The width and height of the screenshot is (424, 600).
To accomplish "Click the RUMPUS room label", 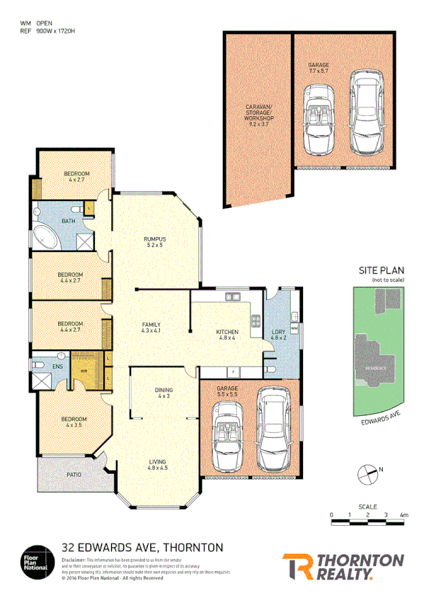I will (x=154, y=239).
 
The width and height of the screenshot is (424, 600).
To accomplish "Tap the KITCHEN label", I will (x=227, y=332).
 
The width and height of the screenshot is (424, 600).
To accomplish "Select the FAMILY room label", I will (x=151, y=325).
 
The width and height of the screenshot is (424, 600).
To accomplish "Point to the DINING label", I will (x=164, y=390).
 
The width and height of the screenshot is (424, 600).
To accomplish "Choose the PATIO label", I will (x=74, y=475).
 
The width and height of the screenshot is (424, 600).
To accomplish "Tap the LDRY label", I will (x=277, y=332).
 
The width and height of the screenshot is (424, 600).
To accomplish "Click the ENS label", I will (x=57, y=367).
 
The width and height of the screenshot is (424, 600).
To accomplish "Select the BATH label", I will (x=69, y=221).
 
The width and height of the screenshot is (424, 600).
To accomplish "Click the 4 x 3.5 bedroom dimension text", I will (x=74, y=425).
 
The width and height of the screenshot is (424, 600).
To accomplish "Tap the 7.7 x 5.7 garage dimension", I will (x=319, y=71).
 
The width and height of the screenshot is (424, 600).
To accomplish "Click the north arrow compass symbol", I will (x=367, y=471).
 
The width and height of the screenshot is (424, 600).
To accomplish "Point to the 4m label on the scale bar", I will (x=403, y=514).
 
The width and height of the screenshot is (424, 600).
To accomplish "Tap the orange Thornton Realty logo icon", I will (x=295, y=566).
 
